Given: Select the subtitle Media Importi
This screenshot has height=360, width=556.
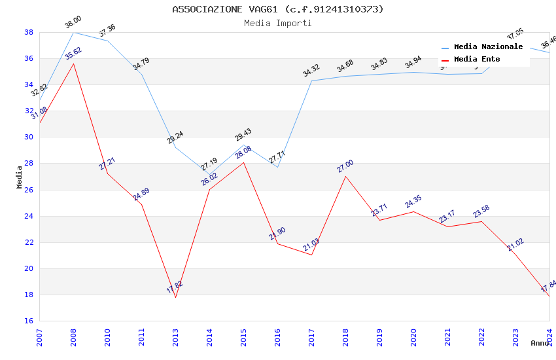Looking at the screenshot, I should (278, 23).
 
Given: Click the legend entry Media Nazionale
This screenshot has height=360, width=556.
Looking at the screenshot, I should (488, 46).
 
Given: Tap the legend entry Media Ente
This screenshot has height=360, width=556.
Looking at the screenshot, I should (477, 59).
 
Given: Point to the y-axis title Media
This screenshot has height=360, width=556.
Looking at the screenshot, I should (20, 177).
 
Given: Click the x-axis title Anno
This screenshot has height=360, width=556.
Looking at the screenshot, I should (540, 343).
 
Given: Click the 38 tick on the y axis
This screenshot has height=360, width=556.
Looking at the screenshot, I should (29, 32).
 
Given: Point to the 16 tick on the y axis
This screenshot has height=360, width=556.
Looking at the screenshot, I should (29, 321).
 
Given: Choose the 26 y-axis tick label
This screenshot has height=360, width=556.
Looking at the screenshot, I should (29, 190).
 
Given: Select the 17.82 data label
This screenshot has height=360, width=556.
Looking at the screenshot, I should (175, 287).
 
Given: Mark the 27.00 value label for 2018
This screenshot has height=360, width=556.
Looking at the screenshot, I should (345, 166).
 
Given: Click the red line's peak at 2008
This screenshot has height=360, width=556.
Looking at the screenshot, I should (73, 63).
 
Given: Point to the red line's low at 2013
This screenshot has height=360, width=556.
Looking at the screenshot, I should (175, 297).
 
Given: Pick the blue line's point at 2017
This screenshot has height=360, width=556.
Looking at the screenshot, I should (311, 81).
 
